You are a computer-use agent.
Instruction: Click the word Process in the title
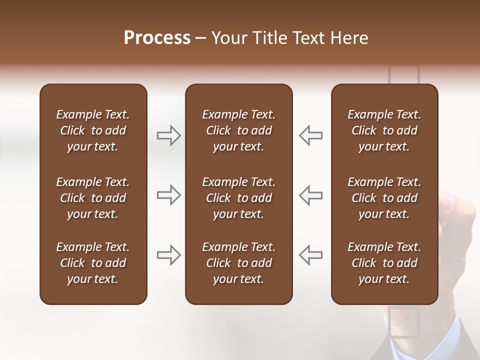click(157, 38)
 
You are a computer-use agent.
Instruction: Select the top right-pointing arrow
click(168, 135)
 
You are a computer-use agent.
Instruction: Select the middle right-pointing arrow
click(168, 195)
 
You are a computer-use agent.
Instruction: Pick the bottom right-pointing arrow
click(168, 255)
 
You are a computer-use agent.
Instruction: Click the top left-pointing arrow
click(311, 135)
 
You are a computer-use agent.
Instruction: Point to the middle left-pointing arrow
click(311, 195)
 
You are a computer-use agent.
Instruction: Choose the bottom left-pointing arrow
click(311, 255)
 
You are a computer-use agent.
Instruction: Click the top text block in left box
click(93, 130)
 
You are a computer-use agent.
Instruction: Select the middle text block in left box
click(93, 198)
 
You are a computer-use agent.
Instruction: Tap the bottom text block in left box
click(93, 263)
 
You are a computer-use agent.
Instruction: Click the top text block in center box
click(238, 130)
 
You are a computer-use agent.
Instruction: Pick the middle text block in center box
click(238, 198)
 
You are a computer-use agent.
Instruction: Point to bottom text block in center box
click(238, 263)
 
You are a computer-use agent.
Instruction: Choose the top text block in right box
click(384, 130)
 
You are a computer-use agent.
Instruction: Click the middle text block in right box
click(384, 198)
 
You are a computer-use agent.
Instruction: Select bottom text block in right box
click(384, 263)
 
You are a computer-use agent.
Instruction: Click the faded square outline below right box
click(403, 322)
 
